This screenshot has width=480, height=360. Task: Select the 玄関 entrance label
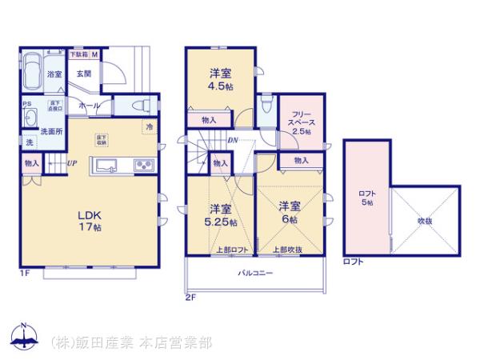click(83, 74)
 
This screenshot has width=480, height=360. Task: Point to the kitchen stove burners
click(142, 166)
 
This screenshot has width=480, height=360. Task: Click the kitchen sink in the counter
click(107, 166)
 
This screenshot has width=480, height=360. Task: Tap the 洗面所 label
click(54, 129)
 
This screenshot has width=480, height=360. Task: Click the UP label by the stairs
click(72, 165)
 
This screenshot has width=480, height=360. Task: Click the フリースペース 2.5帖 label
click(302, 122)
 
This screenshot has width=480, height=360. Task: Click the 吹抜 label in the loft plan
click(423, 220)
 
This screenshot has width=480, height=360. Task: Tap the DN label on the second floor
click(232, 142)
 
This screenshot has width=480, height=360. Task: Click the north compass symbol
click(23, 339)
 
